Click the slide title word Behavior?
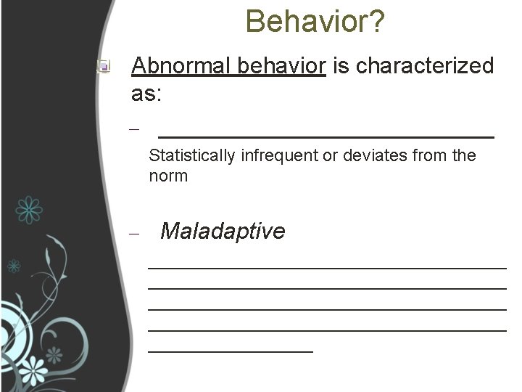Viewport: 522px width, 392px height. pos(315,21)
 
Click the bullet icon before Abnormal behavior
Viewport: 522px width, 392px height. pos(104,68)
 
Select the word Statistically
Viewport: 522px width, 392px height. pos(191,155)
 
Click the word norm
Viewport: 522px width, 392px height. pos(168,176)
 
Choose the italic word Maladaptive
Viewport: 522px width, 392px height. pos(223,232)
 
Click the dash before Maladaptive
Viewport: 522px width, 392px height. pos(133,234)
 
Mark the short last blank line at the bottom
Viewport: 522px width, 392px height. pos(231,351)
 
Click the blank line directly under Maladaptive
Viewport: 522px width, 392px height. pos(327,268)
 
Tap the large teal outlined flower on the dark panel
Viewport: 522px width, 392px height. pos(29,209)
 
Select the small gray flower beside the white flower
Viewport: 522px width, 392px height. pos(54,355)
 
